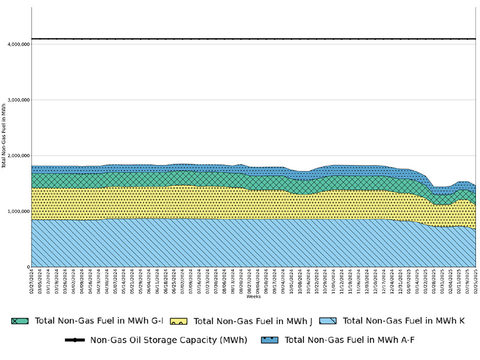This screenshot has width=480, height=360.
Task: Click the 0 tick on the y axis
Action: coord(28,267)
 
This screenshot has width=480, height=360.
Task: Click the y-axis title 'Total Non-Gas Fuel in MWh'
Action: coord(3,136)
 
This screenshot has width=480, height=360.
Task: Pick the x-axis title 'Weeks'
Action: coord(253,297)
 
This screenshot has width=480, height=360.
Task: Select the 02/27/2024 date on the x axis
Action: coord(31,282)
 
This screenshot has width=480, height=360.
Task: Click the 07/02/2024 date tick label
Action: coord(182,282)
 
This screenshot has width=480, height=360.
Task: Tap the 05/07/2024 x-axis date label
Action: coord(115,282)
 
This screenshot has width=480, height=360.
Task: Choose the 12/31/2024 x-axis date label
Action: coord(400,282)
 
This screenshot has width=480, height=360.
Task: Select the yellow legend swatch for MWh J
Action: coord(178,321)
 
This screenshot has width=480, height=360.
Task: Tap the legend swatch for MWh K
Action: coord(328,321)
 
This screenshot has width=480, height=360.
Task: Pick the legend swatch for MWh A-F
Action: coord(269,340)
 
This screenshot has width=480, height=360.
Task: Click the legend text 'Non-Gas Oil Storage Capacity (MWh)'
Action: coord(169,340)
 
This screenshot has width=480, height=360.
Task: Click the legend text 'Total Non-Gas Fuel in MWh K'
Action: coord(403,321)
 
